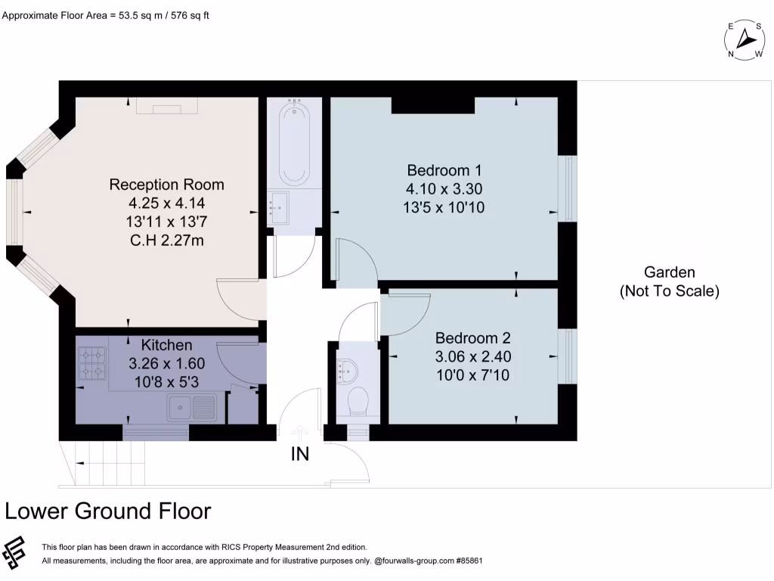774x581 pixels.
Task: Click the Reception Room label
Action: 166,185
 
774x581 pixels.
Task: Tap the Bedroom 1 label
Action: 444,169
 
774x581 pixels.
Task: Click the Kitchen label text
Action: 166,345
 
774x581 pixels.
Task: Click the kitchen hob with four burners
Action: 92,362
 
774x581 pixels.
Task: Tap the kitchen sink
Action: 193,409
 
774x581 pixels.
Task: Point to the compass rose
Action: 745,38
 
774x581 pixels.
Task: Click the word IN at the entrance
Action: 300,455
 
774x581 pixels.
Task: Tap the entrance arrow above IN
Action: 300,431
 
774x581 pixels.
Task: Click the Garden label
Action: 669,272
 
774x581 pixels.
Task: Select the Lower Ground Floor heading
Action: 107,511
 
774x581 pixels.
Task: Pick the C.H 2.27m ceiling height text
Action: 166,241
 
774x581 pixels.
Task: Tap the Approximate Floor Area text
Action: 105,14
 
